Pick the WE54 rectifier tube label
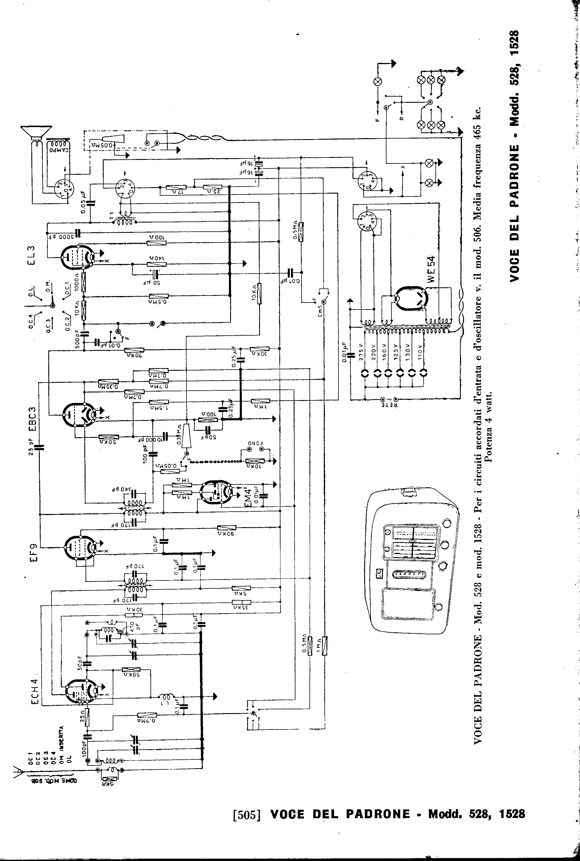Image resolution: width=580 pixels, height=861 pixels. pyautogui.click(x=431, y=270)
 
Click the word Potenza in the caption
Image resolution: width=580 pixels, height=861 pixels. pyautogui.click(x=489, y=410)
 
